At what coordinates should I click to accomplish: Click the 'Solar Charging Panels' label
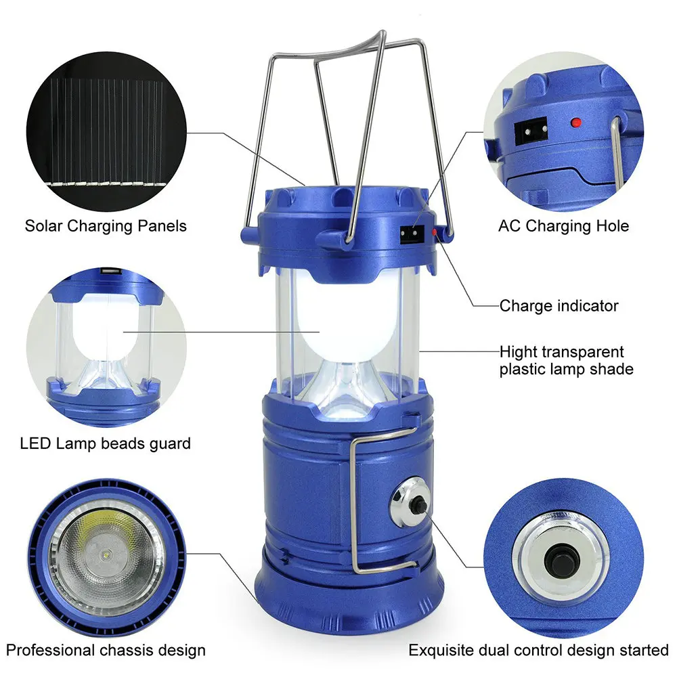click(106, 226)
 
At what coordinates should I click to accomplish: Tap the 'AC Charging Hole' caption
click(563, 226)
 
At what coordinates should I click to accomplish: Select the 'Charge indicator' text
click(559, 306)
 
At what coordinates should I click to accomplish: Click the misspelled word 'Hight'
click(517, 352)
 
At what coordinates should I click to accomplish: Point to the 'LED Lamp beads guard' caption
click(106, 444)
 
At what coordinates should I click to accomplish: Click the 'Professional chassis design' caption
click(106, 650)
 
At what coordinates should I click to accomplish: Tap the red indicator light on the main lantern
click(435, 233)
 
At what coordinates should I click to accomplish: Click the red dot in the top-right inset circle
click(575, 123)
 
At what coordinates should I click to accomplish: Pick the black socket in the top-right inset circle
click(531, 131)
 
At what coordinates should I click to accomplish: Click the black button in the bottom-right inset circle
click(560, 561)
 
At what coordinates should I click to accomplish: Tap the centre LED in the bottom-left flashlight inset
click(106, 554)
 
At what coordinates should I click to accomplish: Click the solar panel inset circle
click(106, 132)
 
